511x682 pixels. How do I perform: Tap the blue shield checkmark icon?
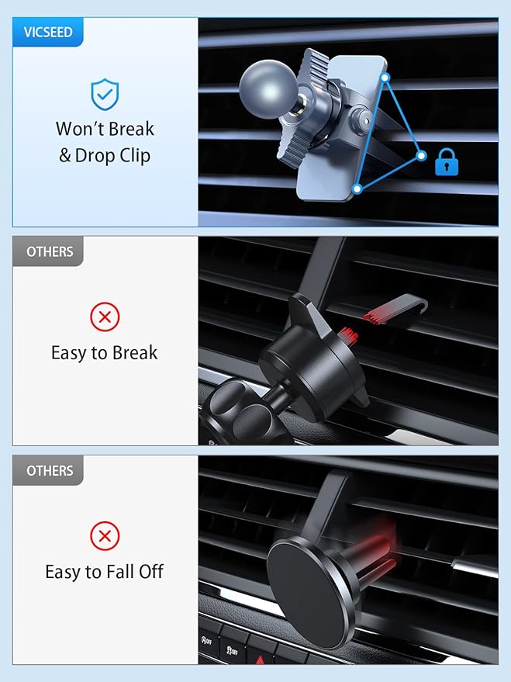tap(105, 95)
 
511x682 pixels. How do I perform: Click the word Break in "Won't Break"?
tap(126, 129)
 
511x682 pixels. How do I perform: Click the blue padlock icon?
tap(446, 162)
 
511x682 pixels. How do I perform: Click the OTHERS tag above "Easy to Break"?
tap(50, 251)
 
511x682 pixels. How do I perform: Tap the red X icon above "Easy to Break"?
tap(105, 316)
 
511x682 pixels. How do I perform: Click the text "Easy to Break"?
tap(105, 353)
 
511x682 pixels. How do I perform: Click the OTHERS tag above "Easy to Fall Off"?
tap(50, 471)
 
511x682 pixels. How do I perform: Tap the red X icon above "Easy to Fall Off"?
tap(105, 535)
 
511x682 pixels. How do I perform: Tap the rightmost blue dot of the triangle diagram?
tap(421, 155)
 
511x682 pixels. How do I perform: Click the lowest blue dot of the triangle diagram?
tap(356, 188)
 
